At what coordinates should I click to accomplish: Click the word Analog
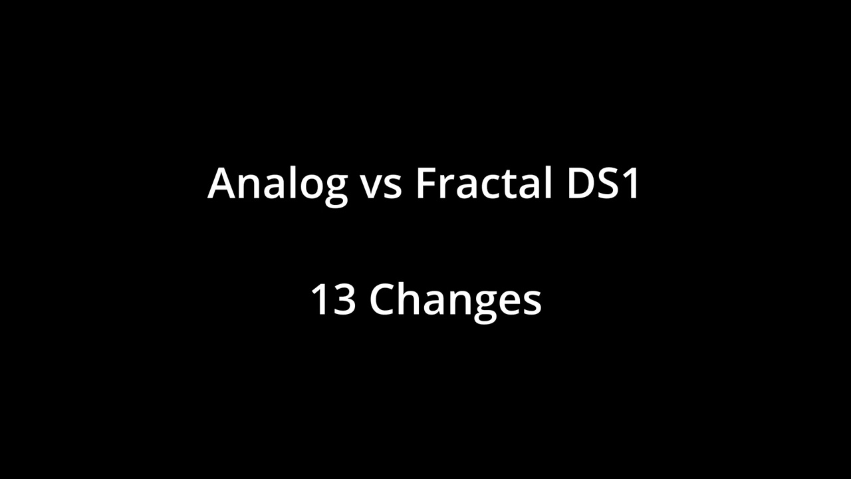coord(277,183)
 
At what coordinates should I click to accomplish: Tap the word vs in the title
coord(382,184)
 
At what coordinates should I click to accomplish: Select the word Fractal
coord(483,183)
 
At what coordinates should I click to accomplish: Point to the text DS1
coord(604,183)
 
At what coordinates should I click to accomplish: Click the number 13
coord(332,299)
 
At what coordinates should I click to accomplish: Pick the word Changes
coord(455,301)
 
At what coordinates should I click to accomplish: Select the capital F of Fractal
coord(427,183)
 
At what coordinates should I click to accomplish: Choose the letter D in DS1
coord(580,183)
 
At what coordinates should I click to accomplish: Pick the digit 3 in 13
coord(344,299)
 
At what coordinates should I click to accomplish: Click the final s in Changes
coord(531,303)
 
